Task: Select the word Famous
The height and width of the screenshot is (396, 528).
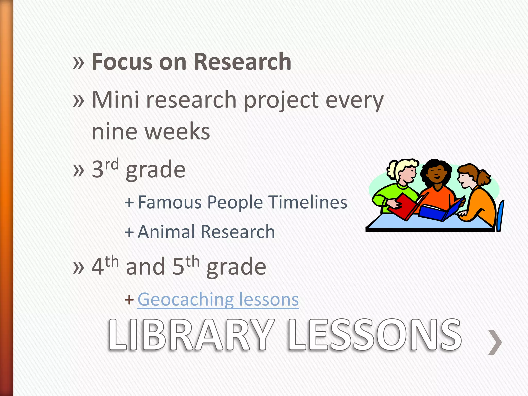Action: pos(169,202)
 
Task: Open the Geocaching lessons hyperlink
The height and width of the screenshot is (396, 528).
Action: pos(218,300)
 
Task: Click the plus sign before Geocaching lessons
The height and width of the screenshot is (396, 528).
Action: pos(129,300)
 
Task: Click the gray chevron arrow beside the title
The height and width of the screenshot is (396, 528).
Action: pos(495,342)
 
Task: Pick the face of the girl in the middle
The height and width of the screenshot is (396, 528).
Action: pos(436,174)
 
